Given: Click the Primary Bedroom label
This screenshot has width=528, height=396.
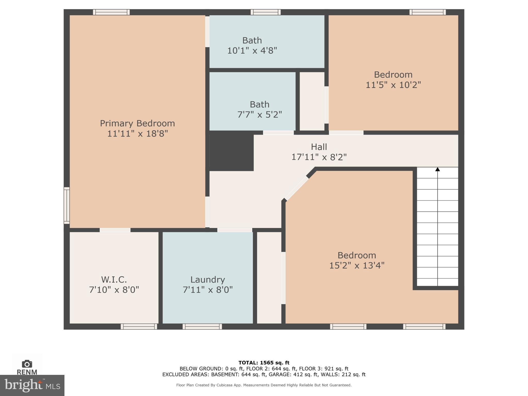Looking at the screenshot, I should click(x=137, y=123).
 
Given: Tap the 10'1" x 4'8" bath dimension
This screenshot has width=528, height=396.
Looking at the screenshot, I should click(x=252, y=51).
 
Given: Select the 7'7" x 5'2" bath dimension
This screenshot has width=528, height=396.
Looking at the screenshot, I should click(x=259, y=114).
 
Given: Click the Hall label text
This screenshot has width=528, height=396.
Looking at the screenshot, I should click(x=319, y=147).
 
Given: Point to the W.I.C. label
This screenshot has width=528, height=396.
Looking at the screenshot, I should click(x=114, y=279).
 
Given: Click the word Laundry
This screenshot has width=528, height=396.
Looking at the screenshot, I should click(x=208, y=279).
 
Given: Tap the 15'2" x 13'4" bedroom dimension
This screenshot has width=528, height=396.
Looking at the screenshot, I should click(x=357, y=265).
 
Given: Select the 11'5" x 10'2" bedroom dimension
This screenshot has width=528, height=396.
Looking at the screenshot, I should click(x=393, y=85).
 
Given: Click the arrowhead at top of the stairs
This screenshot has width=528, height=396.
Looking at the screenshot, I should click(x=437, y=169).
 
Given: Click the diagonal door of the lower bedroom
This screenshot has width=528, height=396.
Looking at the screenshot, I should click(x=296, y=188).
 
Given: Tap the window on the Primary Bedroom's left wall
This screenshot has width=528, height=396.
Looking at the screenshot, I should click(x=67, y=205).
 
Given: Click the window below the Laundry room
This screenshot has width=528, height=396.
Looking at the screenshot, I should click(x=202, y=327).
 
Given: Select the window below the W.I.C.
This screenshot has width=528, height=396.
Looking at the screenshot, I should click(x=139, y=327).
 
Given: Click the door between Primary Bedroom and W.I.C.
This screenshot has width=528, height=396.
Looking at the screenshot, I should click(x=115, y=230).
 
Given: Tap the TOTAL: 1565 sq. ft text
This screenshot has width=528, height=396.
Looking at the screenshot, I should click(x=264, y=363).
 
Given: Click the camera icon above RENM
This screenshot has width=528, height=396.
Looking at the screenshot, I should click(x=27, y=364).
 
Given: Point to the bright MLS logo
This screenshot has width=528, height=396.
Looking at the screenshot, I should click(x=32, y=385).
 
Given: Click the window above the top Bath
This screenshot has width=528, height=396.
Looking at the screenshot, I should click(x=265, y=12).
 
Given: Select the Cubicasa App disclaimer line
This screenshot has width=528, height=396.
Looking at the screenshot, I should click(x=264, y=385).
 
